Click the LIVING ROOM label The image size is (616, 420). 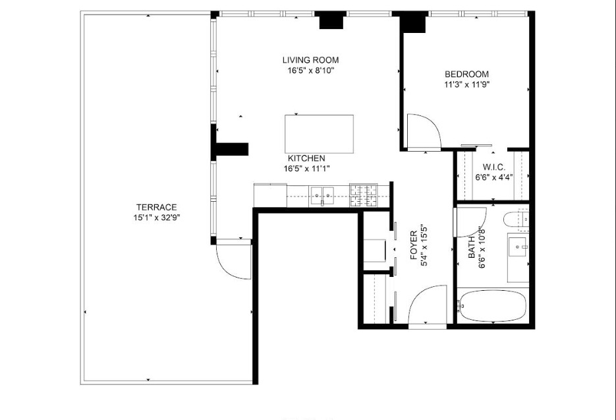[x=310, y=61]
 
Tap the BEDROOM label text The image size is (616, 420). [x=466, y=74]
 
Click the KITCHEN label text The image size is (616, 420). [x=306, y=158]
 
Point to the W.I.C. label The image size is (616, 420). [x=493, y=167]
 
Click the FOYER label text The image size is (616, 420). [x=414, y=245]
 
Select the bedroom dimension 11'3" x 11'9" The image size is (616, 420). [x=466, y=84]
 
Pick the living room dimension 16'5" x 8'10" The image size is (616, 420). [x=310, y=71]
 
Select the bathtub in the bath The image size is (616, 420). [x=493, y=305]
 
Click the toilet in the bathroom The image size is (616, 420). [x=515, y=221]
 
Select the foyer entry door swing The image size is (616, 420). [x=428, y=307]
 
